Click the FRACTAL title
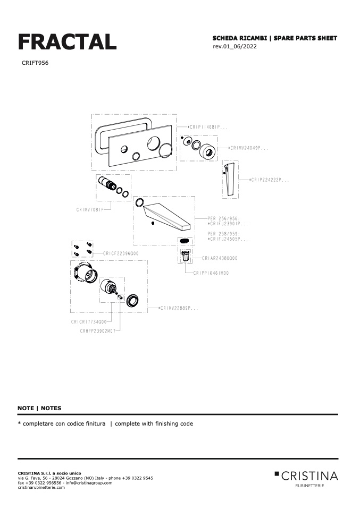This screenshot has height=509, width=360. pyautogui.click(x=67, y=42)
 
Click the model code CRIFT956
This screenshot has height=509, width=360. pyautogui.click(x=35, y=63)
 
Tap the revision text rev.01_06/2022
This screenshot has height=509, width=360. pyautogui.click(x=235, y=47)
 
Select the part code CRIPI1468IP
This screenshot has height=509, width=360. pyautogui.click(x=209, y=128)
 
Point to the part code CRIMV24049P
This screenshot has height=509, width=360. pyautogui.click(x=249, y=148)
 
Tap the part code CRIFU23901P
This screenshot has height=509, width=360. pyautogui.click(x=228, y=224)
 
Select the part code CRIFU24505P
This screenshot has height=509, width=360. pyautogui.click(x=228, y=239)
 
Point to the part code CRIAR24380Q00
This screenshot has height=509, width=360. pyautogui.click(x=220, y=258)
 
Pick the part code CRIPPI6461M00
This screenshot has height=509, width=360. pyautogui.click(x=211, y=273)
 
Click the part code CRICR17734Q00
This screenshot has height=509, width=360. pyautogui.click(x=89, y=322)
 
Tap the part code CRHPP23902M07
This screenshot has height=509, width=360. pyautogui.click(x=97, y=330)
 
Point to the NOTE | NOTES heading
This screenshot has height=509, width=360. pyautogui.click(x=39, y=408)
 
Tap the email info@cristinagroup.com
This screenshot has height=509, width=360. pyautogui.click(x=89, y=482)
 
